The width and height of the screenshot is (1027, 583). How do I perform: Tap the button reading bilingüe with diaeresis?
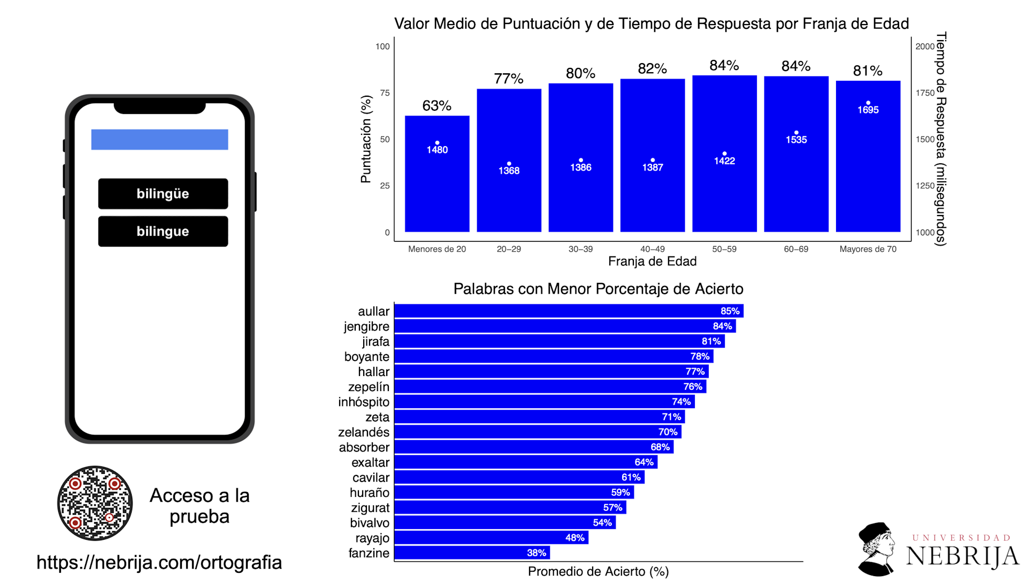[x=163, y=194]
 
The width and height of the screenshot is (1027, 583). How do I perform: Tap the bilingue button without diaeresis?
[x=163, y=231]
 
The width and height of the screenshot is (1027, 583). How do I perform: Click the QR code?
[x=95, y=503]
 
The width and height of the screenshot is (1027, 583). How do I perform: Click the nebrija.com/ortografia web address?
[x=159, y=562]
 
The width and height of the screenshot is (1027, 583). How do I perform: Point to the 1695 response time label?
[x=868, y=110]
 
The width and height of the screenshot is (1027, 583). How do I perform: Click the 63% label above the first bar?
[x=436, y=106]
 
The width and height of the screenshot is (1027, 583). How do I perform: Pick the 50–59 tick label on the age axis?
[x=724, y=249]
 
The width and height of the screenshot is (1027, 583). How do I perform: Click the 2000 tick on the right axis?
[x=925, y=47]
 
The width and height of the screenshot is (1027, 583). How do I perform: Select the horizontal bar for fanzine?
[x=472, y=553]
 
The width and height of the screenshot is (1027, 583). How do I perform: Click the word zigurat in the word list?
[x=370, y=508]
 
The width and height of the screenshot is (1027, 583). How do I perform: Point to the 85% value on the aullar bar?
[x=730, y=311]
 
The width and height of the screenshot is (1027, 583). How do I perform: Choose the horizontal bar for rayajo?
[x=491, y=538]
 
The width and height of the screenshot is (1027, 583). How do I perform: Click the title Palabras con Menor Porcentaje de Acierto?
[x=598, y=289]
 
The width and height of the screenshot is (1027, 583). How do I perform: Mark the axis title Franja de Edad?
[x=652, y=262]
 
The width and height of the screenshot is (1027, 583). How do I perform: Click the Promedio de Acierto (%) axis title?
[x=598, y=572]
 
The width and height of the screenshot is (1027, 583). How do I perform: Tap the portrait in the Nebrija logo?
[x=876, y=548]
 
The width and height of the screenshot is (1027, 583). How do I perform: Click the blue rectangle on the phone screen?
[x=159, y=140]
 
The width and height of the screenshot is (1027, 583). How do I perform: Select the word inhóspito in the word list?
[x=364, y=402]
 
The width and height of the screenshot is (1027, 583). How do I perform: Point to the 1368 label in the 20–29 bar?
[x=509, y=171]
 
